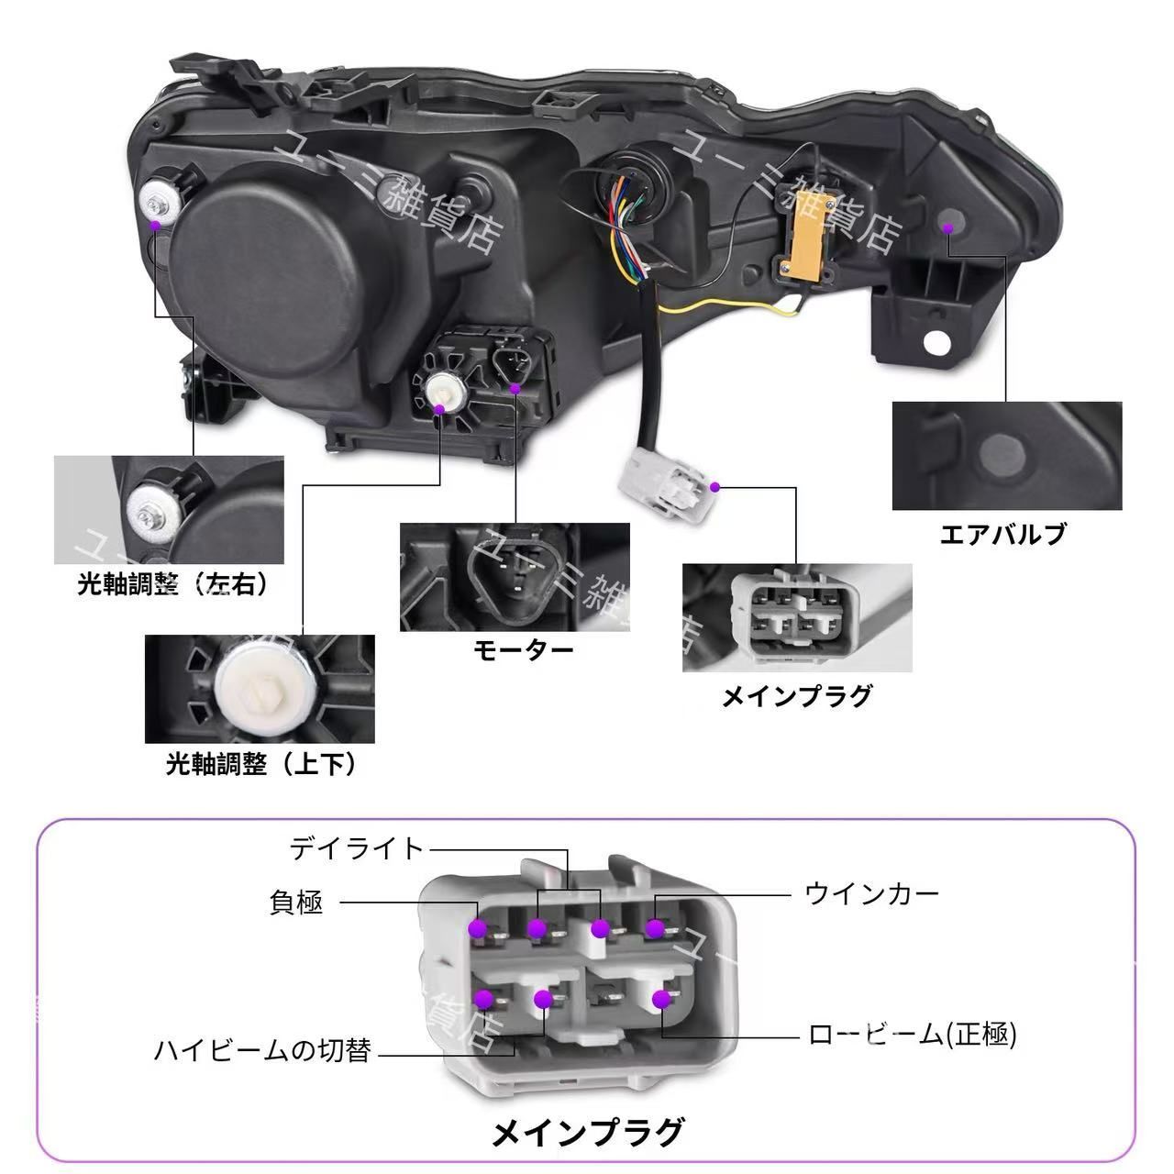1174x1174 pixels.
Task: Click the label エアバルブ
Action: pos(1003,534)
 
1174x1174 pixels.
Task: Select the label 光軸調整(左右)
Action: pos(174,584)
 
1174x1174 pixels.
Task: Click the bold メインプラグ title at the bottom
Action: pos(588,1134)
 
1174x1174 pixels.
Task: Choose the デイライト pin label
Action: pos(358,848)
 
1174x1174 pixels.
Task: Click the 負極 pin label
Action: pos(296,903)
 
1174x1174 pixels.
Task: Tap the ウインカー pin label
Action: pos(872,892)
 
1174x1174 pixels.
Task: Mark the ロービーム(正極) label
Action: pos(913,1036)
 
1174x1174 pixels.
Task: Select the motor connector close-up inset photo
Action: pos(515,577)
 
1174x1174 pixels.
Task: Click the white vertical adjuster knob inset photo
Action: pos(260,689)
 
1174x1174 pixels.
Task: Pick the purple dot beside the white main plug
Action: pos(715,486)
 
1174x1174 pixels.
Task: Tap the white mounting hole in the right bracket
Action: pos(937,341)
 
